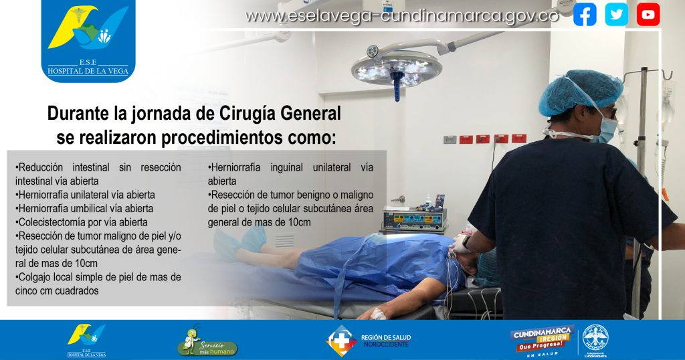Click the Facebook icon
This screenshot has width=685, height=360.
coord(585,15)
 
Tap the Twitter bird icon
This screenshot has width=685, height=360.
coord(616,15)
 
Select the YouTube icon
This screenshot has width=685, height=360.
coord(648,15)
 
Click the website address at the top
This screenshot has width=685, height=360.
coord(402,16)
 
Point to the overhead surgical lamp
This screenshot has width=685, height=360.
coord(397,70)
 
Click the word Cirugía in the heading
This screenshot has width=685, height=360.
coord(248,114)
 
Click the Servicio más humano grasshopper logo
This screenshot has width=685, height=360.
coord(207,340)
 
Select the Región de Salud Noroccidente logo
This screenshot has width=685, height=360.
coord(369,341)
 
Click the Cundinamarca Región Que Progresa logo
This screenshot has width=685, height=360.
coord(542,341)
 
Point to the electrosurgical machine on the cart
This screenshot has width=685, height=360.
coord(415,219)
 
